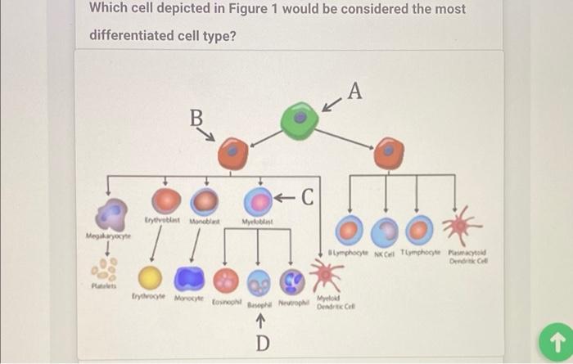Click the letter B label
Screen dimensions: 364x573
pyautogui.click(x=196, y=118)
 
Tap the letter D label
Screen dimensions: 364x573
pyautogui.click(x=260, y=343)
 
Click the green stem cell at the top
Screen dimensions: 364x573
pyautogui.click(x=300, y=119)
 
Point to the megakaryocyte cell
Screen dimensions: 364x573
pyautogui.click(x=113, y=214)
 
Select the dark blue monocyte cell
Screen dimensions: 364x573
pyautogui.click(x=191, y=278)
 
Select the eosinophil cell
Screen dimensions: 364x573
pyautogui.click(x=225, y=280)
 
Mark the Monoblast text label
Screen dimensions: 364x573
pyautogui.click(x=206, y=221)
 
